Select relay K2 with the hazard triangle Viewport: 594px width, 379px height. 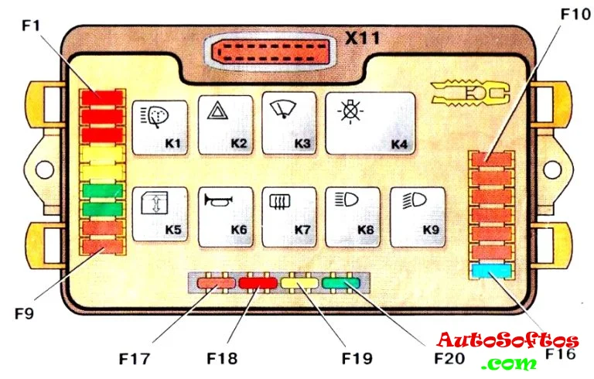tap(225, 125)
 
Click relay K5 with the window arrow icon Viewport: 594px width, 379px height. tap(161, 214)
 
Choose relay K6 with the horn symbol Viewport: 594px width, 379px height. tap(225, 214)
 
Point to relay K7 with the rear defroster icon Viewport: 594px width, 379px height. tap(289, 214)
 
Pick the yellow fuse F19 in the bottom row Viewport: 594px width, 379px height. tap(299, 284)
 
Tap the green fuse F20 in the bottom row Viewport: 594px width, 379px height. tap(340, 284)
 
